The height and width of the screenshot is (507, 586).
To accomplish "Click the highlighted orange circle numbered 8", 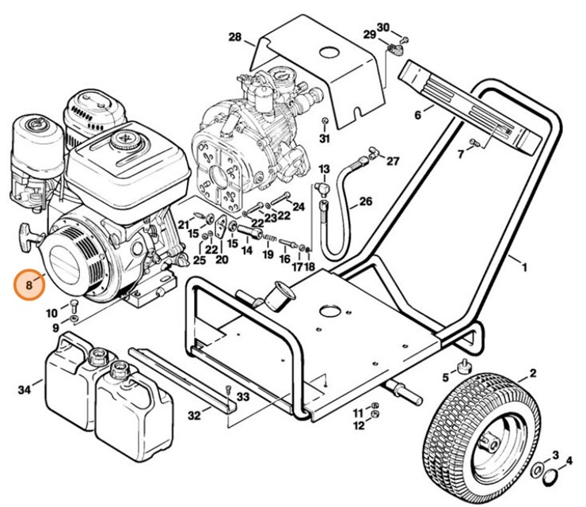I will pyautogui.click(x=29, y=284).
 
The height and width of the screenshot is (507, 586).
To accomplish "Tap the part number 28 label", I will pyautogui.click(x=234, y=37).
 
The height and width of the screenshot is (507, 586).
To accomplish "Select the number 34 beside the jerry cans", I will pyautogui.click(x=25, y=389).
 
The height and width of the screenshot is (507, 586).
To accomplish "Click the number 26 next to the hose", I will pyautogui.click(x=364, y=202).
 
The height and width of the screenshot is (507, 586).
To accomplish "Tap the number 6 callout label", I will pyautogui.click(x=417, y=116).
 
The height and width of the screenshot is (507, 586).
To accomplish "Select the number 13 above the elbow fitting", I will pyautogui.click(x=323, y=170).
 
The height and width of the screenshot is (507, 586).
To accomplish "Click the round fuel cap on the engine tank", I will pyautogui.click(x=125, y=141).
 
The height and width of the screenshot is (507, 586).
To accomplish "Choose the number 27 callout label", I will pyautogui.click(x=393, y=162).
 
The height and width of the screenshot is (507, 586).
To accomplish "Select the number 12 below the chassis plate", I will pyautogui.click(x=359, y=425).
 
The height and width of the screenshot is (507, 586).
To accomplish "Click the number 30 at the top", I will pyautogui.click(x=383, y=28).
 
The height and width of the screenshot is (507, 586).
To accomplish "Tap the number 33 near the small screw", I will pyautogui.click(x=242, y=396).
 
